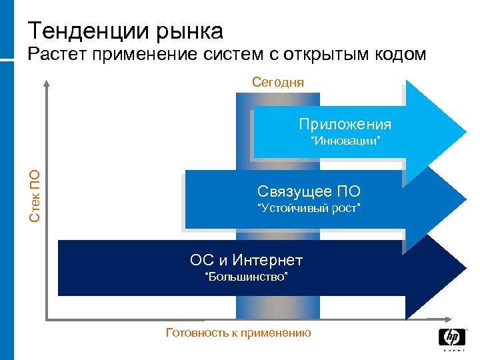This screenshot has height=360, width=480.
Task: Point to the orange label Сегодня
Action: pyautogui.click(x=278, y=82)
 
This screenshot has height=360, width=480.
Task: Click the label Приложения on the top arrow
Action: pyautogui.click(x=345, y=124)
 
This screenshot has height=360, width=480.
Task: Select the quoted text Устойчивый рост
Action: pyautogui.click(x=309, y=209)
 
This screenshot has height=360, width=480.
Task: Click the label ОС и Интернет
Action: pyautogui.click(x=246, y=259)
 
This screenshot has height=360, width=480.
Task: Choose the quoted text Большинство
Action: pyautogui.click(x=246, y=276)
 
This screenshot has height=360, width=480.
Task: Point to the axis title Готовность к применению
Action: pyautogui.click(x=238, y=332)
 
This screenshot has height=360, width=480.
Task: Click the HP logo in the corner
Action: pyautogui.click(x=452, y=339)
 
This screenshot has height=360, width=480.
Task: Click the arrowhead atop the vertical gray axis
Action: pyautogui.click(x=47, y=83)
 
